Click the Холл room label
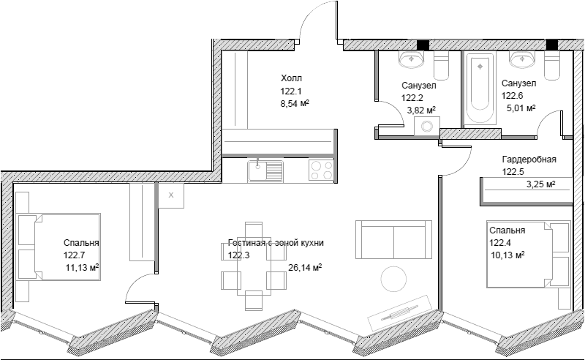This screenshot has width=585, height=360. [x=291, y=78]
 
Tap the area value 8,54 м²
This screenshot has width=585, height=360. [x=295, y=103]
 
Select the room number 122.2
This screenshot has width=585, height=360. [x=412, y=98]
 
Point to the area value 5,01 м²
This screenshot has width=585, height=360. [x=521, y=108]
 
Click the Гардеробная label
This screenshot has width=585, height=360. [x=529, y=160]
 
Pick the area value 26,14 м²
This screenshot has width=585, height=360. [x=305, y=268]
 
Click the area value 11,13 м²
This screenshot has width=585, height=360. [x=82, y=268]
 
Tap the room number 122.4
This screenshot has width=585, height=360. [x=500, y=243]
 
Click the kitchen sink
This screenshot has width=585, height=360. [x=265, y=171]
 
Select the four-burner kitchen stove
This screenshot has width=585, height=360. [x=322, y=170]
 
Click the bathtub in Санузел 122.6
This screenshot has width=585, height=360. [x=480, y=88]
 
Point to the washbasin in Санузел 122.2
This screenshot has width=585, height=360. [x=412, y=59]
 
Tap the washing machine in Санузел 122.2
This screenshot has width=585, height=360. [x=427, y=127]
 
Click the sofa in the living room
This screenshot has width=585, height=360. [x=394, y=239]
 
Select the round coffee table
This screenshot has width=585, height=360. [x=393, y=279]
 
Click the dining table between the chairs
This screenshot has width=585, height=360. [x=253, y=266]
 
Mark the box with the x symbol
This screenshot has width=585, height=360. [x=171, y=195]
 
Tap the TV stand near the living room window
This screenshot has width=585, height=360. [x=399, y=314]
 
